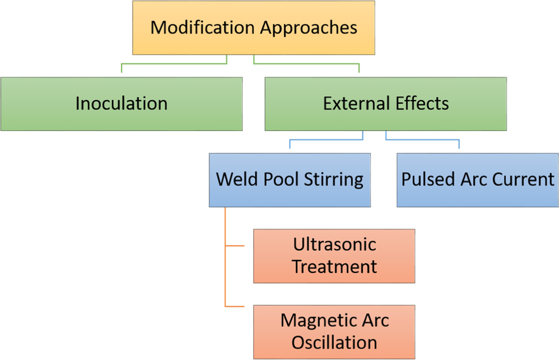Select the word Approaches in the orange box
(308, 27)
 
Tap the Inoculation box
(121, 104)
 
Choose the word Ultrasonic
(335, 245)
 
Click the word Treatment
(335, 267)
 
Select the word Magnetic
(317, 320)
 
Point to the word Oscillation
(335, 343)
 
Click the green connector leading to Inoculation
(174, 64)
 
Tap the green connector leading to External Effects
(306, 64)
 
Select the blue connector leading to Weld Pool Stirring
(326, 140)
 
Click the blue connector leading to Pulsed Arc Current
(422, 140)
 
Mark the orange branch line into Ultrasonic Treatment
(235, 246)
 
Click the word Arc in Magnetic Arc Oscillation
(374, 320)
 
